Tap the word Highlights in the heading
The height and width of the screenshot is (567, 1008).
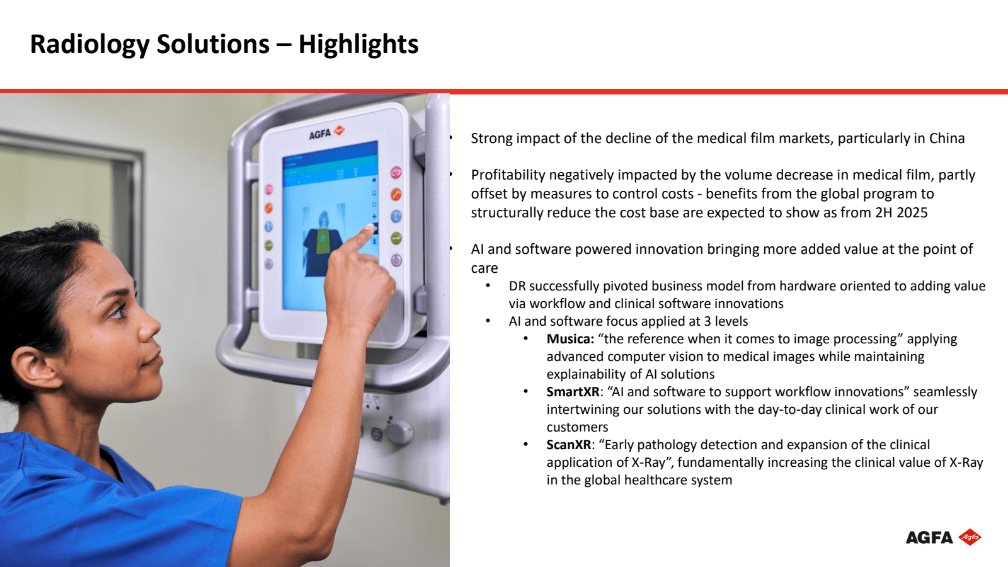tap(358, 45)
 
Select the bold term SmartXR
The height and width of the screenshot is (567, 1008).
tap(573, 392)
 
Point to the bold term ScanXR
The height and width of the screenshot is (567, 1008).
tap(569, 445)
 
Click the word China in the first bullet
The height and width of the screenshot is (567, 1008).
tap(947, 138)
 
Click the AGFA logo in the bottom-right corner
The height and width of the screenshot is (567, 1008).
tap(943, 537)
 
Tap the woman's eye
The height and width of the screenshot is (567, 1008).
tap(117, 311)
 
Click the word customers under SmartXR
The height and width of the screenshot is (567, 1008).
tap(577, 427)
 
